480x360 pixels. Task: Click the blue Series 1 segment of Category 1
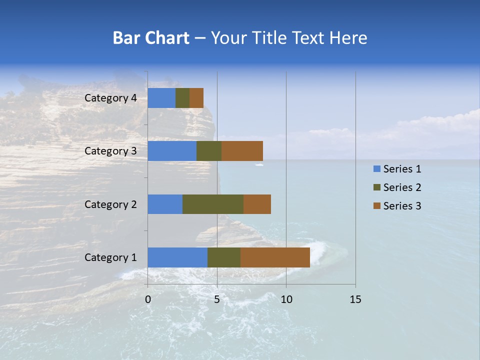177,257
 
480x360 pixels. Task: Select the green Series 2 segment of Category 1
224,257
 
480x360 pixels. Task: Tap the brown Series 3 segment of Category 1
275,257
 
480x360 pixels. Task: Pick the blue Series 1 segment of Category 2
165,204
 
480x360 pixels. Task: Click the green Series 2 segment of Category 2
213,204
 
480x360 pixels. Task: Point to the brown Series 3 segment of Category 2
257,204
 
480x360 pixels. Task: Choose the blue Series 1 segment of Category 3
172,151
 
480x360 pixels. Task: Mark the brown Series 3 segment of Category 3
242,151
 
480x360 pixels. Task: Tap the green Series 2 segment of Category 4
182,98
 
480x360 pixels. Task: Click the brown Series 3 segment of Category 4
196,98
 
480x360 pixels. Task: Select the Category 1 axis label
110,257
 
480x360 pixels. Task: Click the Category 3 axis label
110,151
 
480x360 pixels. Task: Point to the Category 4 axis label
110,98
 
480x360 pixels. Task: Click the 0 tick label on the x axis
148,299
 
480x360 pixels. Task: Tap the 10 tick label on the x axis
286,299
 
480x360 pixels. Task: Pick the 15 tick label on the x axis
355,299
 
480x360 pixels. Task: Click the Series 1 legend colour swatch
376,169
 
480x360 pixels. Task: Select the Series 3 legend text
402,206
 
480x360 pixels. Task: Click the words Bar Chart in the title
151,38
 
